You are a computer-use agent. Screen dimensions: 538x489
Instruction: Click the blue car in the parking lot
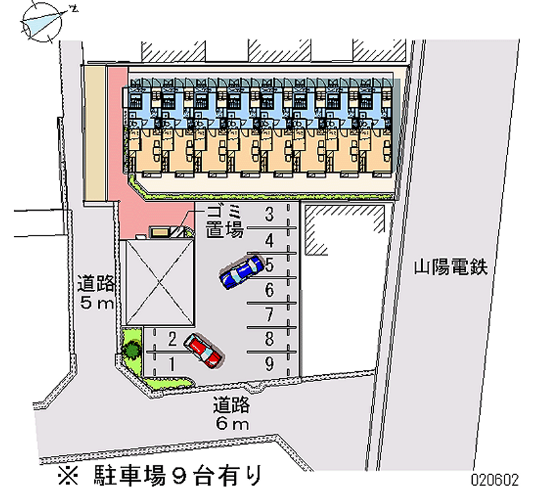click(241, 271)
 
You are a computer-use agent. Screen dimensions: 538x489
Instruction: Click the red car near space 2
click(203, 350)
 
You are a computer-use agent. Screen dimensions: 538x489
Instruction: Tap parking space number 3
click(270, 214)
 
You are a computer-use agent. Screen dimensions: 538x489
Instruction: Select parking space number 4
click(270, 240)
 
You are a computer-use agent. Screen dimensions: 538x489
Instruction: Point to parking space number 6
click(270, 291)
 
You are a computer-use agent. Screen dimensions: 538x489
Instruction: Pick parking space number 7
click(270, 315)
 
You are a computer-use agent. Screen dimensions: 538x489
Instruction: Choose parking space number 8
click(270, 339)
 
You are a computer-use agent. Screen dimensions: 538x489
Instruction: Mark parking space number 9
click(270, 364)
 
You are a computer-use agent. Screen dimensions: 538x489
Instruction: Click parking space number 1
click(172, 365)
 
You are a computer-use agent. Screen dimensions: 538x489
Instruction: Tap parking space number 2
click(172, 339)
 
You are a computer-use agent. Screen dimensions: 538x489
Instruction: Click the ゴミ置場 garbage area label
click(225, 222)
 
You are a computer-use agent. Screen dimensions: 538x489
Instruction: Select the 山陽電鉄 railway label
click(451, 267)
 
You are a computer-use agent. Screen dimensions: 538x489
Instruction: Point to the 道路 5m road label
click(95, 292)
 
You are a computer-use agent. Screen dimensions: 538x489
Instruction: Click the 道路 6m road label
click(231, 414)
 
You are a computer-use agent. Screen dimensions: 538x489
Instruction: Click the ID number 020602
click(495, 480)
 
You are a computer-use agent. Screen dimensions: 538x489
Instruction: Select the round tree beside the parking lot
click(132, 350)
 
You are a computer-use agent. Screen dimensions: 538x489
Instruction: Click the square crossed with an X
click(160, 282)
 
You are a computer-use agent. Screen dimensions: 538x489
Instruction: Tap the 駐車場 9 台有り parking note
click(159, 476)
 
